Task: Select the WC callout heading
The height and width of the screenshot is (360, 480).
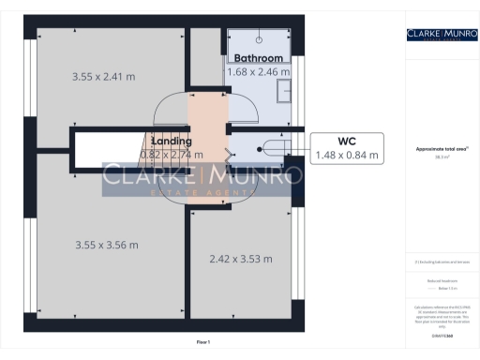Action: tap(348, 141)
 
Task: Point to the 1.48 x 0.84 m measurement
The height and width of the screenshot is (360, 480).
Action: tap(348, 155)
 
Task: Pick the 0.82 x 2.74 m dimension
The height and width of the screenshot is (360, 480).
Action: tap(171, 154)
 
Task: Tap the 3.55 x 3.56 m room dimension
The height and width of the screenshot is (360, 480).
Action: tap(106, 245)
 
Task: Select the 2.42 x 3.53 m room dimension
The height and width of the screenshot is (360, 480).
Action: tap(241, 258)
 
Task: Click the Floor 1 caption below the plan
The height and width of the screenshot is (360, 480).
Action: tap(202, 342)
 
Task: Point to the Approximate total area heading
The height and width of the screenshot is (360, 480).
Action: tap(442, 148)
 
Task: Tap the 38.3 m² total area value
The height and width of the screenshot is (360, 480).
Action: tap(442, 157)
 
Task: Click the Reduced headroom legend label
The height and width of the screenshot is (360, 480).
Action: tap(442, 280)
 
